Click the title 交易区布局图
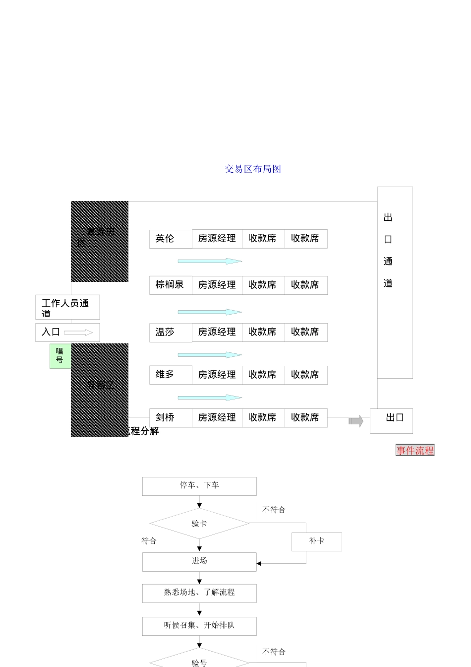[x=253, y=169]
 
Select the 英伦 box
[x=170, y=239]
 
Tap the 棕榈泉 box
[x=170, y=285]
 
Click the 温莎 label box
[x=170, y=333]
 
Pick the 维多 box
[x=170, y=375]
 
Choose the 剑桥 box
[x=170, y=418]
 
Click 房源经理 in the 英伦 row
[x=217, y=239]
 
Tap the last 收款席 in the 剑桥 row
[x=305, y=418]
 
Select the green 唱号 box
[x=59, y=356]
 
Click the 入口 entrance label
[x=51, y=333]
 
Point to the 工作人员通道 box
[x=67, y=307]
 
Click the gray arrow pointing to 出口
[x=356, y=422]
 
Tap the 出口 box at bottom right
[x=392, y=420]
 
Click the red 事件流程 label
[x=415, y=450]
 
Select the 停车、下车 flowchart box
[x=199, y=486]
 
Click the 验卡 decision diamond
[x=199, y=524]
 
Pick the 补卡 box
[x=317, y=541]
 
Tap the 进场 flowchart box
[x=199, y=561]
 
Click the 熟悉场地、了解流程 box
[x=199, y=593]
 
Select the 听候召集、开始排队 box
[x=199, y=626]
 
